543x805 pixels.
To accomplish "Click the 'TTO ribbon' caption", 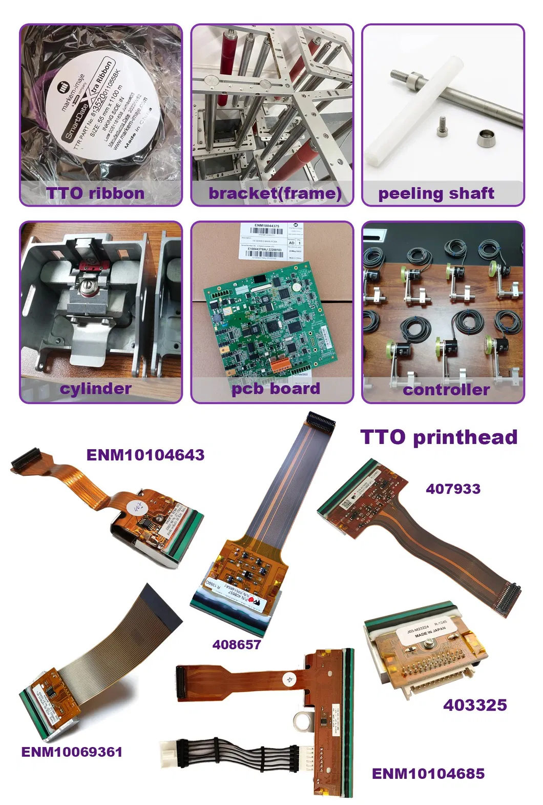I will [95, 193].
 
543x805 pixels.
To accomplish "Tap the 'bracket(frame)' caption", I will [275, 193].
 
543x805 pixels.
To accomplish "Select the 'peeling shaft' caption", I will [436, 193].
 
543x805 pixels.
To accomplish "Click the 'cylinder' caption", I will [95, 388].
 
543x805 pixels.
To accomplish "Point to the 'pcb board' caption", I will [276, 388].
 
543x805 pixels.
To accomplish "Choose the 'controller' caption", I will [446, 390].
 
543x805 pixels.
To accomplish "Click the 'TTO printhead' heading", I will [439, 437].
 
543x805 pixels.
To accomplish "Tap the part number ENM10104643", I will [145, 455].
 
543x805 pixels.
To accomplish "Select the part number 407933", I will [453, 489].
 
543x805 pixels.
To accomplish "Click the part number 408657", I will [237, 645].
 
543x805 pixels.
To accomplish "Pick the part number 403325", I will [475, 705].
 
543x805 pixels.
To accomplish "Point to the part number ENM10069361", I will [72, 752].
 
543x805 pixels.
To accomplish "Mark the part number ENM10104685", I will [428, 774].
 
